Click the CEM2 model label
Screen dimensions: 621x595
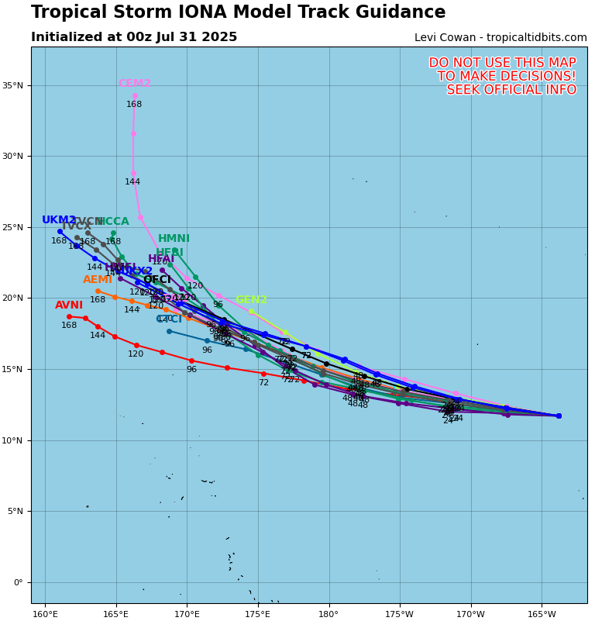point(134,84)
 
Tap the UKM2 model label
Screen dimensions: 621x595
point(59,220)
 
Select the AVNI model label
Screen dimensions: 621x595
point(69,305)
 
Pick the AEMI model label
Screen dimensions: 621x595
point(98,280)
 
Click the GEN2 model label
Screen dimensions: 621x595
point(251,300)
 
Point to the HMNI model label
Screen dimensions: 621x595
point(174,239)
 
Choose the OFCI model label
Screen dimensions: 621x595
point(156,280)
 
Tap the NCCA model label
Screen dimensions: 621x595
point(113,222)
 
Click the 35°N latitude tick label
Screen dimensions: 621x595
point(15,85)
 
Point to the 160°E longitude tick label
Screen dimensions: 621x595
point(45,615)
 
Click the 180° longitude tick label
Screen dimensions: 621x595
point(328,615)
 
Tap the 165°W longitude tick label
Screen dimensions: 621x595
point(542,615)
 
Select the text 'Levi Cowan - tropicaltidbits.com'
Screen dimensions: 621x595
point(500,38)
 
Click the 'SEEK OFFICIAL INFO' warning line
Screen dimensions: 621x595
point(511,90)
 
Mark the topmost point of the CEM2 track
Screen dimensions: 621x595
point(135,96)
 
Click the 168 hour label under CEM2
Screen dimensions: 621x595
point(134,105)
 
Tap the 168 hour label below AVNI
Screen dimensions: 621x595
point(69,326)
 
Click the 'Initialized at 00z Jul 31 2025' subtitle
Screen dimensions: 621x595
point(134,37)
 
